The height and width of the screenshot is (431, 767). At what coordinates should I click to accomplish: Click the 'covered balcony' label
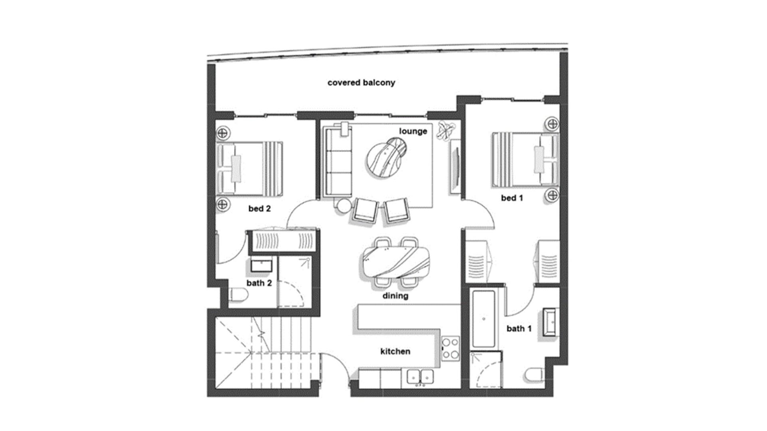pyautogui.click(x=361, y=83)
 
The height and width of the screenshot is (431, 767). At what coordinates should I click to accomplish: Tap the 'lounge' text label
pyautogui.click(x=413, y=131)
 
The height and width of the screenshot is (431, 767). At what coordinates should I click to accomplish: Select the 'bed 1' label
pyautogui.click(x=512, y=198)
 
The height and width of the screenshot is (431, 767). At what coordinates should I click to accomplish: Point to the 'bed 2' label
pyautogui.click(x=260, y=208)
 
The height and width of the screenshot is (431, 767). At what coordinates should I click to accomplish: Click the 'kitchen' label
pyautogui.click(x=395, y=351)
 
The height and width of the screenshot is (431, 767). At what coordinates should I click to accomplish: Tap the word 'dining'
pyautogui.click(x=395, y=296)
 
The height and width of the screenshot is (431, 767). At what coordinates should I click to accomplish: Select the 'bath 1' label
pyautogui.click(x=519, y=328)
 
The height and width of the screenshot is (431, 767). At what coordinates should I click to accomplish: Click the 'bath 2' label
pyautogui.click(x=259, y=283)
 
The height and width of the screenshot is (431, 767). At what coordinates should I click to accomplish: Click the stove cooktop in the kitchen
pyautogui.click(x=451, y=348)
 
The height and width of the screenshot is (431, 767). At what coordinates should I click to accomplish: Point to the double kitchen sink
pyautogui.click(x=421, y=376)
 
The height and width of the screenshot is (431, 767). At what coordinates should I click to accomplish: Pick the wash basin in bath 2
pyautogui.click(x=262, y=265)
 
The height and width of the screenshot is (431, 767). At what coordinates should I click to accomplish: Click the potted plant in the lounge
pyautogui.click(x=446, y=130)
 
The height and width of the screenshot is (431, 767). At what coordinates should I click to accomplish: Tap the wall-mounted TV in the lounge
pyautogui.click(x=455, y=167)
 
